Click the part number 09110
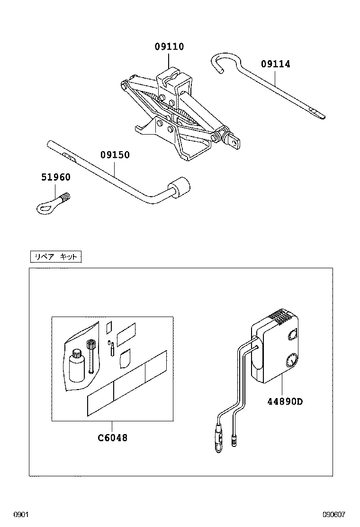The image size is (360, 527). tap(169, 47)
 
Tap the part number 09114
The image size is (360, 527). tap(275, 64)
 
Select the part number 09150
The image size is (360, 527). tap(115, 155)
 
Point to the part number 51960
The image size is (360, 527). tap(55, 177)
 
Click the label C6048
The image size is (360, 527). tap(113, 438)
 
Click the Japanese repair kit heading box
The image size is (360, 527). tap(55, 257)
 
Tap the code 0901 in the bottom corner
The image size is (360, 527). tap(21, 515)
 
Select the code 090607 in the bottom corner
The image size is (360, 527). tap(334, 515)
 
